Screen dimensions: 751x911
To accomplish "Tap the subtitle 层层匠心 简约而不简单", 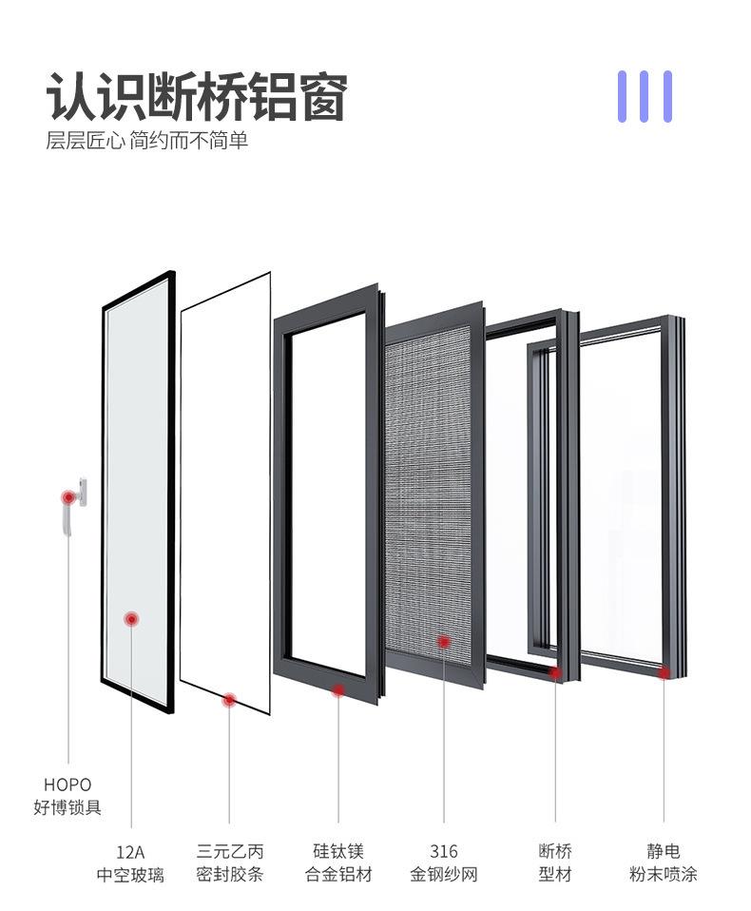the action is [147, 142].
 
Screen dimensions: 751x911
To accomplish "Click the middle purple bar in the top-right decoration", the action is [645, 96].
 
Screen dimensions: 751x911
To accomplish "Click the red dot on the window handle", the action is [68, 497].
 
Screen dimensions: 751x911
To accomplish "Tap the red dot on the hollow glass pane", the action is [132, 619].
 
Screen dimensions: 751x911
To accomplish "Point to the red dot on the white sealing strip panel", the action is [229, 700].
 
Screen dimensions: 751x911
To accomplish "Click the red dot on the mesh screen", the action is [443, 642].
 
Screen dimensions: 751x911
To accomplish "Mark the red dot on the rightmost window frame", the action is [664, 672].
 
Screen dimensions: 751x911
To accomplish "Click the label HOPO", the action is [67, 785].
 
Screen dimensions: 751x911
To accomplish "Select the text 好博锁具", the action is [67, 808].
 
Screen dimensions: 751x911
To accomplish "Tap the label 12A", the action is [130, 852].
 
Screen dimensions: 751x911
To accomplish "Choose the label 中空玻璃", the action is [130, 875].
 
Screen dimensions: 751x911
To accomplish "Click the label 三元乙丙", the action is [229, 852].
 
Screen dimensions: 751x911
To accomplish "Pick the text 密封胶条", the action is [229, 875].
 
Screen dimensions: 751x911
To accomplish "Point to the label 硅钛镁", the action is [338, 852].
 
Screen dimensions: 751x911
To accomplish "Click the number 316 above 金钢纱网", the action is [443, 852].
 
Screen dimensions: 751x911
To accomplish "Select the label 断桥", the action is [555, 852].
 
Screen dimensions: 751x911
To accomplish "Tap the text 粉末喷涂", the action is [664, 875].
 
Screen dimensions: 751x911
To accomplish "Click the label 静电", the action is [664, 852].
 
